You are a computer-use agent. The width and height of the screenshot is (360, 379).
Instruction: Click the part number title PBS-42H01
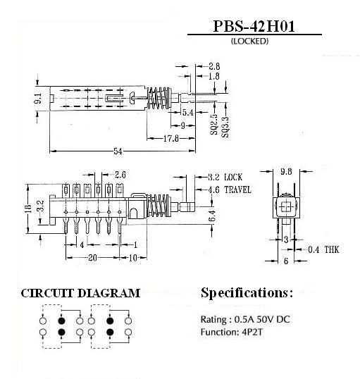pos(254,26)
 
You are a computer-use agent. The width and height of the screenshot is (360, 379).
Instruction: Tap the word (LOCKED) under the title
pos(250,41)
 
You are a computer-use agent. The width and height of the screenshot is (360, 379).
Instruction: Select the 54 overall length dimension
pos(118,151)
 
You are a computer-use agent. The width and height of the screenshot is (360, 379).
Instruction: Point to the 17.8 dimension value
pos(171,139)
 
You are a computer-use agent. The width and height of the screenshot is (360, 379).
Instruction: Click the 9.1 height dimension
pos(38,99)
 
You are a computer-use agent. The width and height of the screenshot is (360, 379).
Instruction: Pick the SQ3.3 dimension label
pos(225,127)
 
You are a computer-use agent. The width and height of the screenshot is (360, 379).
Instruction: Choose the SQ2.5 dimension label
pos(214,125)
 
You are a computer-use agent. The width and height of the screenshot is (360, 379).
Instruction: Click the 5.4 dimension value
pos(188,113)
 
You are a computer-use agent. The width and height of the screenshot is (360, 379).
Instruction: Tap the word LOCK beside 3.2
pos(233,178)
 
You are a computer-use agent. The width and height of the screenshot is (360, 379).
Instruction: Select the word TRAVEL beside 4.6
pos(238,189)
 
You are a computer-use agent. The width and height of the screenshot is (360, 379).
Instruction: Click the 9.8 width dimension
pos(286,171)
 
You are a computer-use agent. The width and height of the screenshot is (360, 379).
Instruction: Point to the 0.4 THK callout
pos(323,249)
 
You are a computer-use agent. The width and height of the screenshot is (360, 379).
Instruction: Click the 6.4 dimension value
pos(212,216)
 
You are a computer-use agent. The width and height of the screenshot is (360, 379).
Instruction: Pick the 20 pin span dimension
pos(92,258)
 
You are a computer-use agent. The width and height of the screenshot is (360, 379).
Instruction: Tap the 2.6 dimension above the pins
pos(120,175)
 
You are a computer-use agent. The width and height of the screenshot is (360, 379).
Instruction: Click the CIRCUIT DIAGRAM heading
pos(80,293)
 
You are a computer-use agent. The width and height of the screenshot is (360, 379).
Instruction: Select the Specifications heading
pos(247,293)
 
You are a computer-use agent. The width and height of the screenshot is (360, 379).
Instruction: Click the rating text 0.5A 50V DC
pos(262,319)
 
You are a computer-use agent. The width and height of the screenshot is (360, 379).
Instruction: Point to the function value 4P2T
pos(252,332)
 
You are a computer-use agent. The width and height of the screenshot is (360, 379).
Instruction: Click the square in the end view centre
pos(286,207)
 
